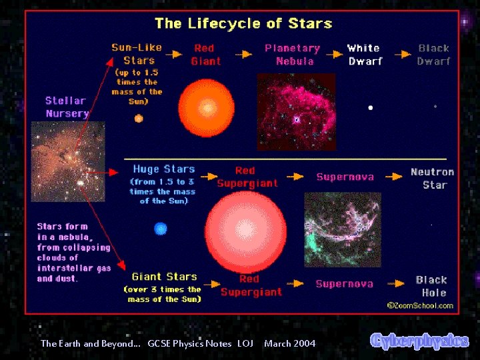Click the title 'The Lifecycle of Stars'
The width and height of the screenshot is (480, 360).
(x=243, y=24)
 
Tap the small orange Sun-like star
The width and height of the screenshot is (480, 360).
(x=139, y=119)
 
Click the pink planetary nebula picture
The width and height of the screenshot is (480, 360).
(x=296, y=111)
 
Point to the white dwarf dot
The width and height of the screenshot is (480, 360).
(x=370, y=107)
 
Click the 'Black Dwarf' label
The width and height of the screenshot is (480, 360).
(x=433, y=55)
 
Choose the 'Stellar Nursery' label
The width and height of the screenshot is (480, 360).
(x=67, y=107)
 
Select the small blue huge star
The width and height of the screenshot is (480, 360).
(x=160, y=229)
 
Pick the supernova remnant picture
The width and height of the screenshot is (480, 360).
(x=342, y=229)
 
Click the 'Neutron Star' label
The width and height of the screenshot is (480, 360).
(x=432, y=178)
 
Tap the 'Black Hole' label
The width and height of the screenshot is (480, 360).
(x=431, y=286)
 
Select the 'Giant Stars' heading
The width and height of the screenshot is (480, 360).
(x=164, y=277)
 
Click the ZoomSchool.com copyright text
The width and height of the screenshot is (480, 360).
(x=420, y=305)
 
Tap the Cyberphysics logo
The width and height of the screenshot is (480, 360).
(x=419, y=341)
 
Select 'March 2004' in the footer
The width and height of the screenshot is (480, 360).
(x=289, y=343)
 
